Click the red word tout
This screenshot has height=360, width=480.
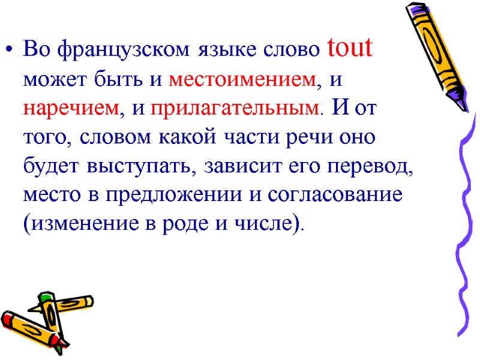[x=350, y=49]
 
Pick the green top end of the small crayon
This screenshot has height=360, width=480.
[x=47, y=298]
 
